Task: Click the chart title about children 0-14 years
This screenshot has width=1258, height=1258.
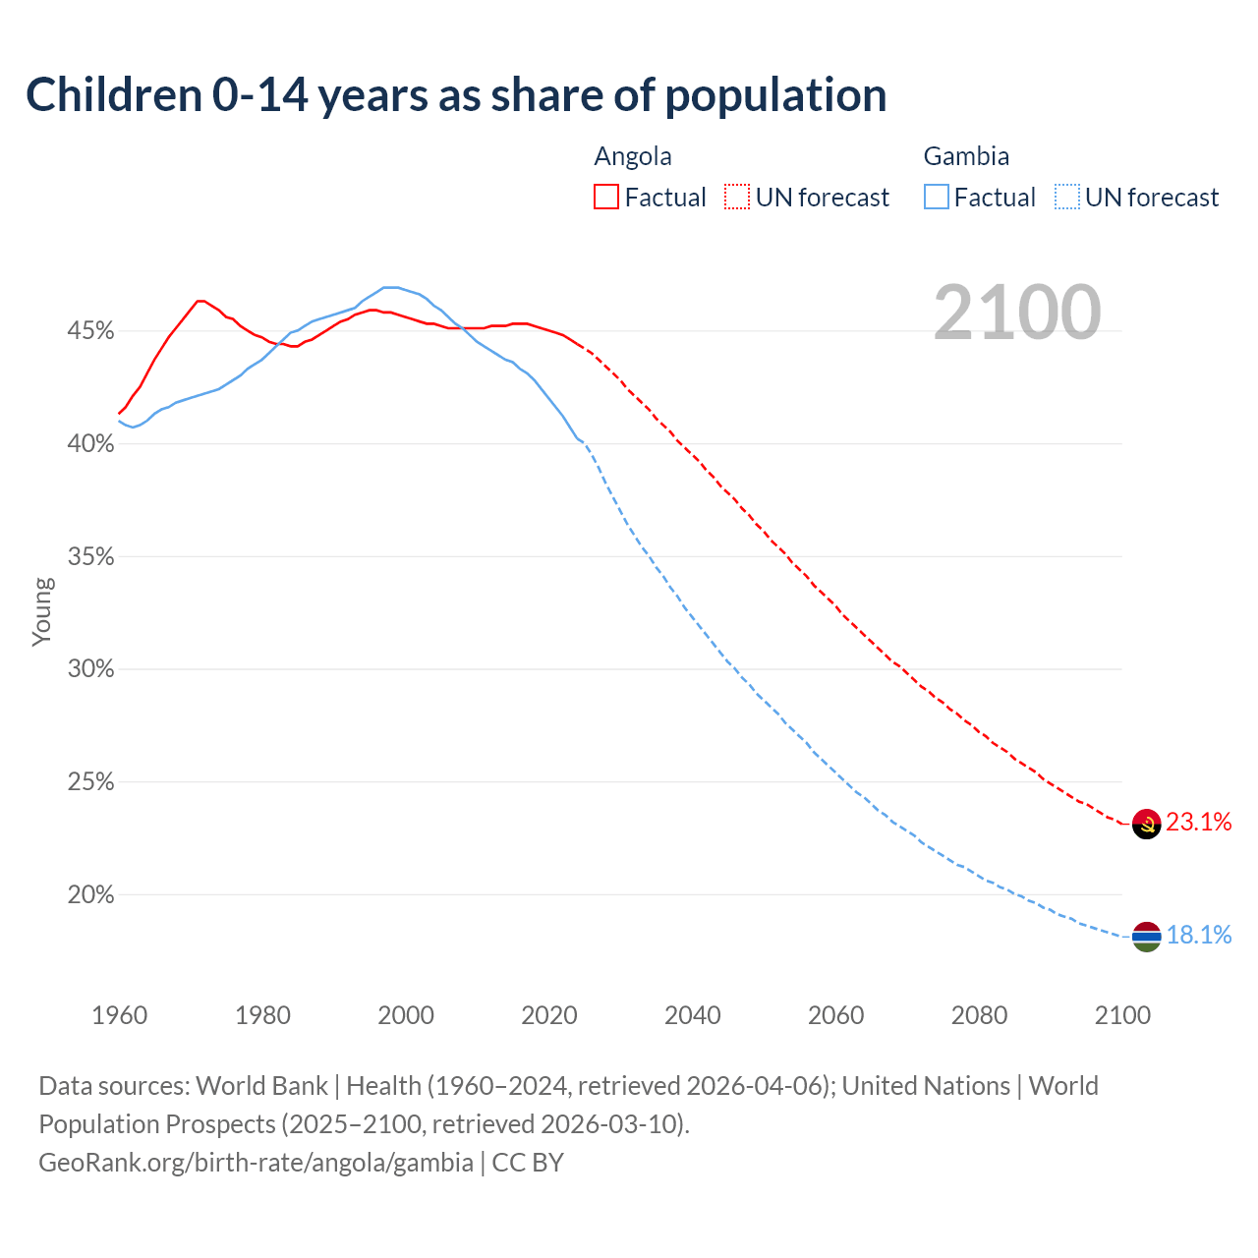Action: [x=456, y=95]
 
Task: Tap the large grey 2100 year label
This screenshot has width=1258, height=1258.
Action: [x=1016, y=313]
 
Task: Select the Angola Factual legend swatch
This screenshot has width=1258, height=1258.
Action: [x=606, y=198]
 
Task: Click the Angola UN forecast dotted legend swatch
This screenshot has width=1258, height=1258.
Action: [x=737, y=198]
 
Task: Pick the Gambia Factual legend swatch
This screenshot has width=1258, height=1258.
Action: [x=937, y=198]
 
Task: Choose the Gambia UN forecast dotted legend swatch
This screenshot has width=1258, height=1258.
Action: [x=1067, y=198]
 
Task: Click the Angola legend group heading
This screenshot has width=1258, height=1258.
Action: [x=633, y=156]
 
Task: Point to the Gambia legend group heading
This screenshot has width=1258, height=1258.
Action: [x=966, y=156]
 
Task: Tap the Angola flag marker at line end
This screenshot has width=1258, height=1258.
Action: [x=1147, y=824]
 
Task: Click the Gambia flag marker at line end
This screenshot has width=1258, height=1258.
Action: [x=1147, y=937]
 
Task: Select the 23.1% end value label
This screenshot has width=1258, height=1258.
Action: [x=1199, y=823]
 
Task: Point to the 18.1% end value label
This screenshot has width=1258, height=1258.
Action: [x=1199, y=935]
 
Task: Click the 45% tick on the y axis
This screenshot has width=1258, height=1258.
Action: [x=90, y=331]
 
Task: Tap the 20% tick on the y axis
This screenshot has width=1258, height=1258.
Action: [x=90, y=895]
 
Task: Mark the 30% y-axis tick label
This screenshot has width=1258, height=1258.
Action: [x=90, y=669]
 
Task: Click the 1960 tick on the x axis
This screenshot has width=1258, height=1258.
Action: [x=119, y=1015]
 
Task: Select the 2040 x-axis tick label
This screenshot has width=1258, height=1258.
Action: [x=693, y=1015]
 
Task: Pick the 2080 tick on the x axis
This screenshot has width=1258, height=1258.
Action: [x=979, y=1015]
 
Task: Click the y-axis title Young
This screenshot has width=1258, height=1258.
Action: [x=42, y=611]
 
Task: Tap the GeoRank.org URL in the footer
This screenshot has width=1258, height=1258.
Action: [x=256, y=1163]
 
